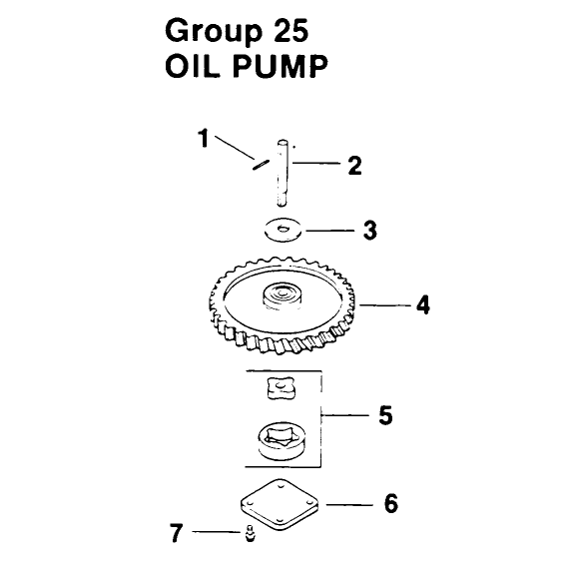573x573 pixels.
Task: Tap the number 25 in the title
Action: [290, 30]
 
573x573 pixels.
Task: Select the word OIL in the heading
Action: [193, 66]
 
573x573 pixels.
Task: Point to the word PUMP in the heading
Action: [280, 66]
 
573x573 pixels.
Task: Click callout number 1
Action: [204, 138]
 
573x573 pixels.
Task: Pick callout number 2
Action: [354, 166]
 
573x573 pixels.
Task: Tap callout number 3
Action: [369, 231]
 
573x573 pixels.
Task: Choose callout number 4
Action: [423, 305]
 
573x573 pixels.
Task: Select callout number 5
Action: [385, 415]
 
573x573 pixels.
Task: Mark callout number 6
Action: [391, 504]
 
